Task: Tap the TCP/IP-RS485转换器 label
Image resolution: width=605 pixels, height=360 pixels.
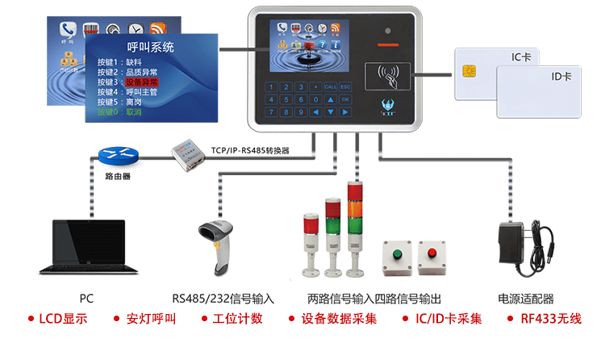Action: click(250, 150)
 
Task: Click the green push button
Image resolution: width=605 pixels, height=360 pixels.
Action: click(396, 253)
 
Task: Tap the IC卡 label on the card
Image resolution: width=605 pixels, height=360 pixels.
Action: click(521, 57)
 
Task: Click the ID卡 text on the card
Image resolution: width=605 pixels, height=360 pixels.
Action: click(561, 76)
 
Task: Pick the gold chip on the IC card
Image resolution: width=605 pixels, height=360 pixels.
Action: click(468, 72)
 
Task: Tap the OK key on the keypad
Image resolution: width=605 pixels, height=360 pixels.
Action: click(345, 99)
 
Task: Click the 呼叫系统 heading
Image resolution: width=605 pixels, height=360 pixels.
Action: click(151, 48)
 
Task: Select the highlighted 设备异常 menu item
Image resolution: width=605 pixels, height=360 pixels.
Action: click(141, 82)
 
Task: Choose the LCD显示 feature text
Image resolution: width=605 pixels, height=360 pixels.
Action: click(63, 319)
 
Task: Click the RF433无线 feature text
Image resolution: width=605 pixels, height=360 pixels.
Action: click(550, 319)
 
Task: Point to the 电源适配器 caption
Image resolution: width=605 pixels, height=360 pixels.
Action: click(526, 298)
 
